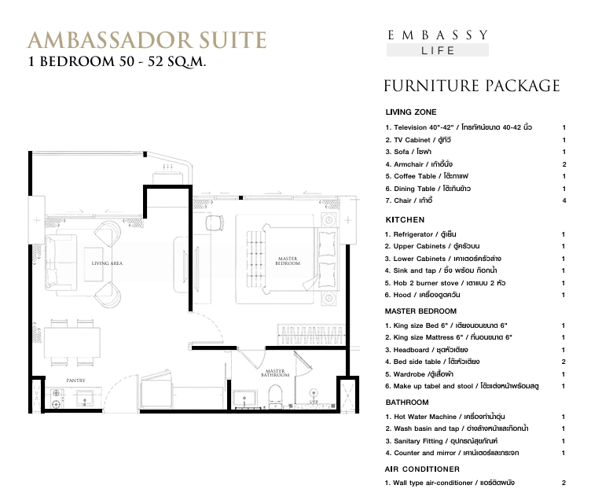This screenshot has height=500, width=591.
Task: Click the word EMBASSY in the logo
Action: coord(438,35)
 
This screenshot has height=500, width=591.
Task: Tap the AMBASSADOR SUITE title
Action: coord(147,40)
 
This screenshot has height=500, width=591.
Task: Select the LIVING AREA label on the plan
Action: coord(107,263)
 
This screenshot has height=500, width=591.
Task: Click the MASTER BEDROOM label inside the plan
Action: coord(288,261)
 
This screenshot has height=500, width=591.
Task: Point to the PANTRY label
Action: coord(75,381)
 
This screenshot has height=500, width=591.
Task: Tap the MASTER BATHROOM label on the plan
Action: coord(275,373)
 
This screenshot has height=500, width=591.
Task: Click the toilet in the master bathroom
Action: coord(276,395)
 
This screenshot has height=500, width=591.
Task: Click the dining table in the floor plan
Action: coord(72,343)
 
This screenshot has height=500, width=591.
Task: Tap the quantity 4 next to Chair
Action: coord(563,200)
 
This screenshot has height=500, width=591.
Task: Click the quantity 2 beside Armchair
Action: coord(563,164)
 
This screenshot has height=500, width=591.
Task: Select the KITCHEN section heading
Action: coord(405,220)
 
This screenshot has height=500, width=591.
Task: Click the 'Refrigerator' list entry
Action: coord(420,234)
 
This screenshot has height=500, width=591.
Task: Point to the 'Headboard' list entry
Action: coord(426,350)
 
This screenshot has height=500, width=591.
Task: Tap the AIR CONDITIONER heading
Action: coord(422,469)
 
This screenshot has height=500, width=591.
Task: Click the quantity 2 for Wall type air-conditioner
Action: coord(563,483)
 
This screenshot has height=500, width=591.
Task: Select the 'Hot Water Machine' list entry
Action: coord(445,417)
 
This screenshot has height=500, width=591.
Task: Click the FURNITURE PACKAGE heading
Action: coord(472,86)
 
